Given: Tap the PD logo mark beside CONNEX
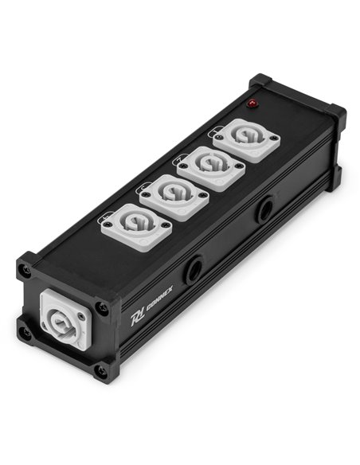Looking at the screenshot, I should tap(135, 319).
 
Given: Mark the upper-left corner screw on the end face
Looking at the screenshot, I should tap(28, 271).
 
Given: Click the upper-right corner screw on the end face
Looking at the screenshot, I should tap(102, 307).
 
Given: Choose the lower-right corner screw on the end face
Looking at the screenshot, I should tap(102, 371).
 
